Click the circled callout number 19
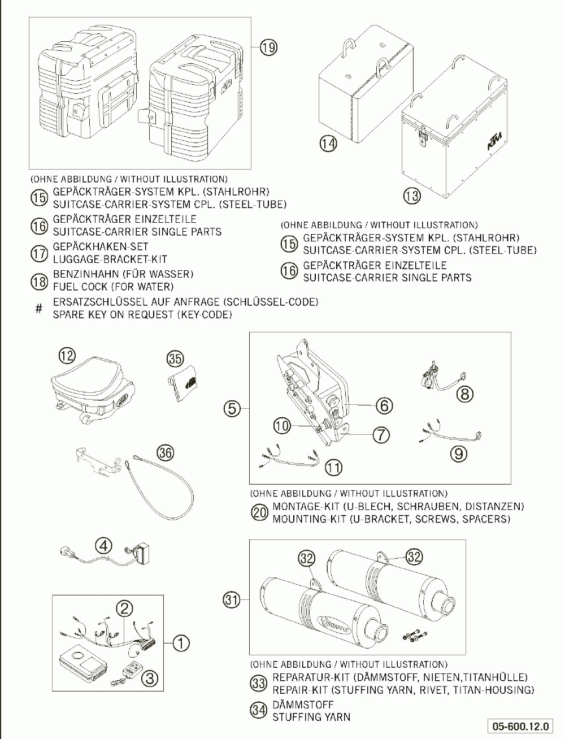pyautogui.click(x=269, y=48)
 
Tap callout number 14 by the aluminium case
pyautogui.click(x=328, y=144)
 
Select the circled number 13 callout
pyautogui.click(x=412, y=196)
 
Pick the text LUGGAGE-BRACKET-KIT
pyautogui.click(x=110, y=260)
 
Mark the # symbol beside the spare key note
pyautogui.click(x=38, y=309)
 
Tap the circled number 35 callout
pyautogui.click(x=175, y=358)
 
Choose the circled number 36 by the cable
pyautogui.click(x=166, y=452)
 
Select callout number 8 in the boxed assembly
pyautogui.click(x=464, y=394)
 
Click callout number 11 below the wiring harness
pyautogui.click(x=333, y=467)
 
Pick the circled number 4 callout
pyautogui.click(x=103, y=546)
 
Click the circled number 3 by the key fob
pyautogui.click(x=149, y=677)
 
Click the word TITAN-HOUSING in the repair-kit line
pyautogui.click(x=498, y=690)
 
